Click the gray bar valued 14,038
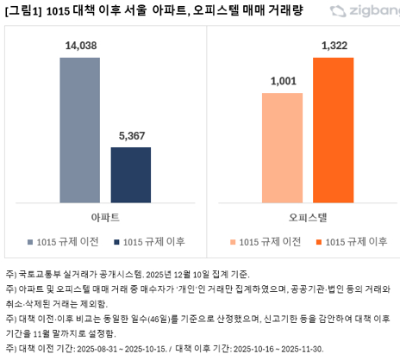(80, 129)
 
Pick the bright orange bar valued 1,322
(333, 130)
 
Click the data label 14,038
(80, 49)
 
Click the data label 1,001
(282, 83)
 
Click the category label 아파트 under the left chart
(104, 216)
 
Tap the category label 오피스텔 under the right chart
(308, 216)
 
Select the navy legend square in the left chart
(116, 240)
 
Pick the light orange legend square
(233, 241)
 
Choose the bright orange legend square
(318, 241)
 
